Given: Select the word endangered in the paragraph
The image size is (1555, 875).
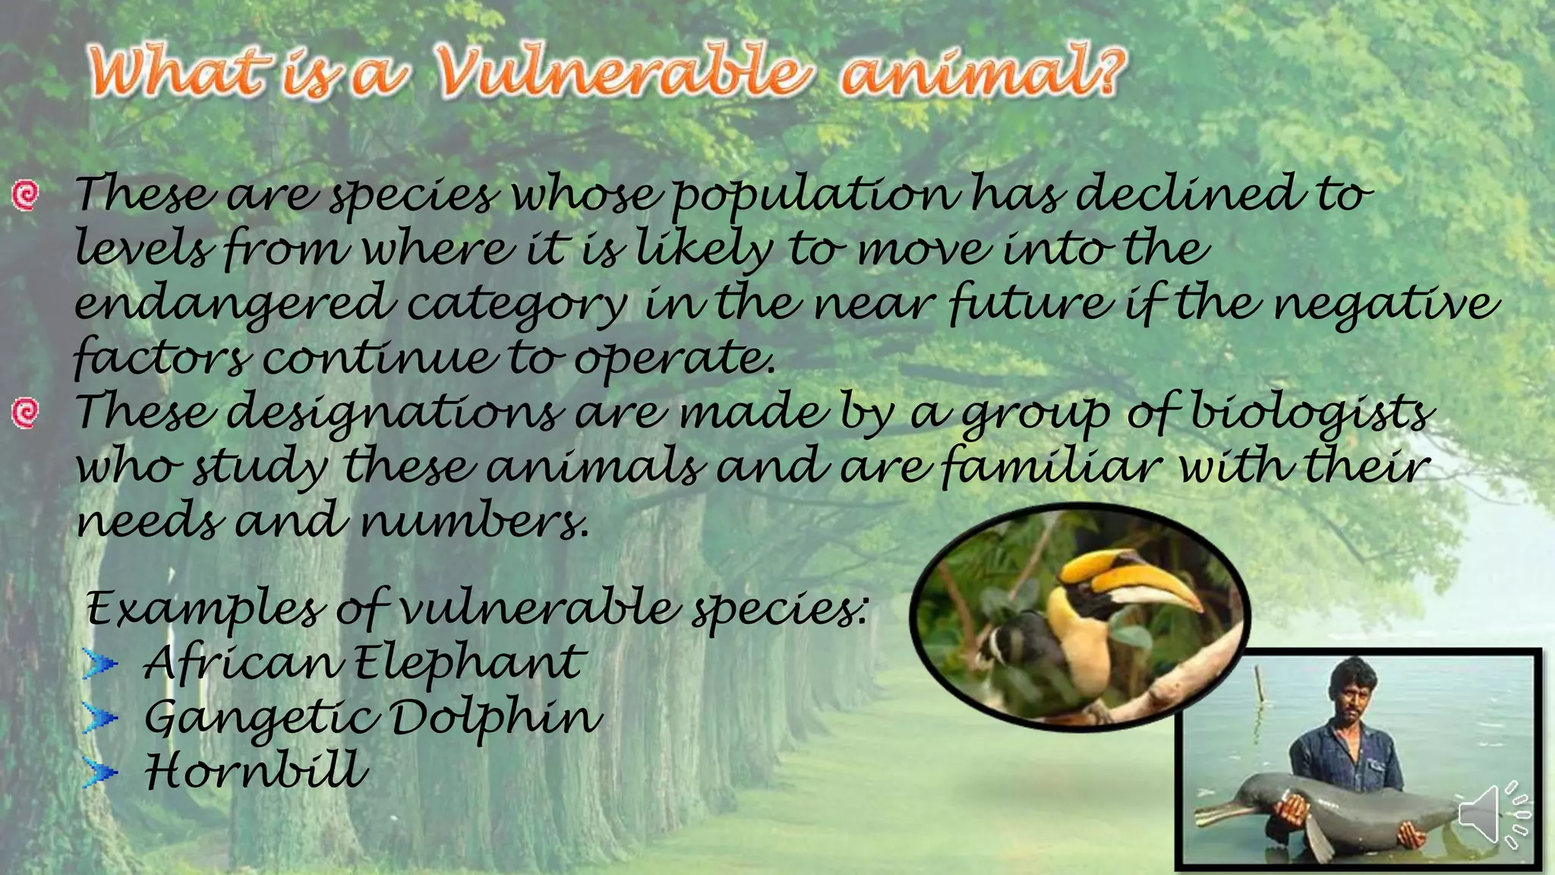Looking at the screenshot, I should point(234,304).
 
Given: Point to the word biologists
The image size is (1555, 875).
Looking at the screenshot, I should point(1311,414).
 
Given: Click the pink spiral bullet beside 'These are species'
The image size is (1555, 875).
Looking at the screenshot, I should point(25,195).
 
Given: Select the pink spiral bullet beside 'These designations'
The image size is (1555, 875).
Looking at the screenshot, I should point(25,413).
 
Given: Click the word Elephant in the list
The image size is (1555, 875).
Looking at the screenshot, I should point(470,663).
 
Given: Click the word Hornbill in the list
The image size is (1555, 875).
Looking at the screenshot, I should point(256,770).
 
